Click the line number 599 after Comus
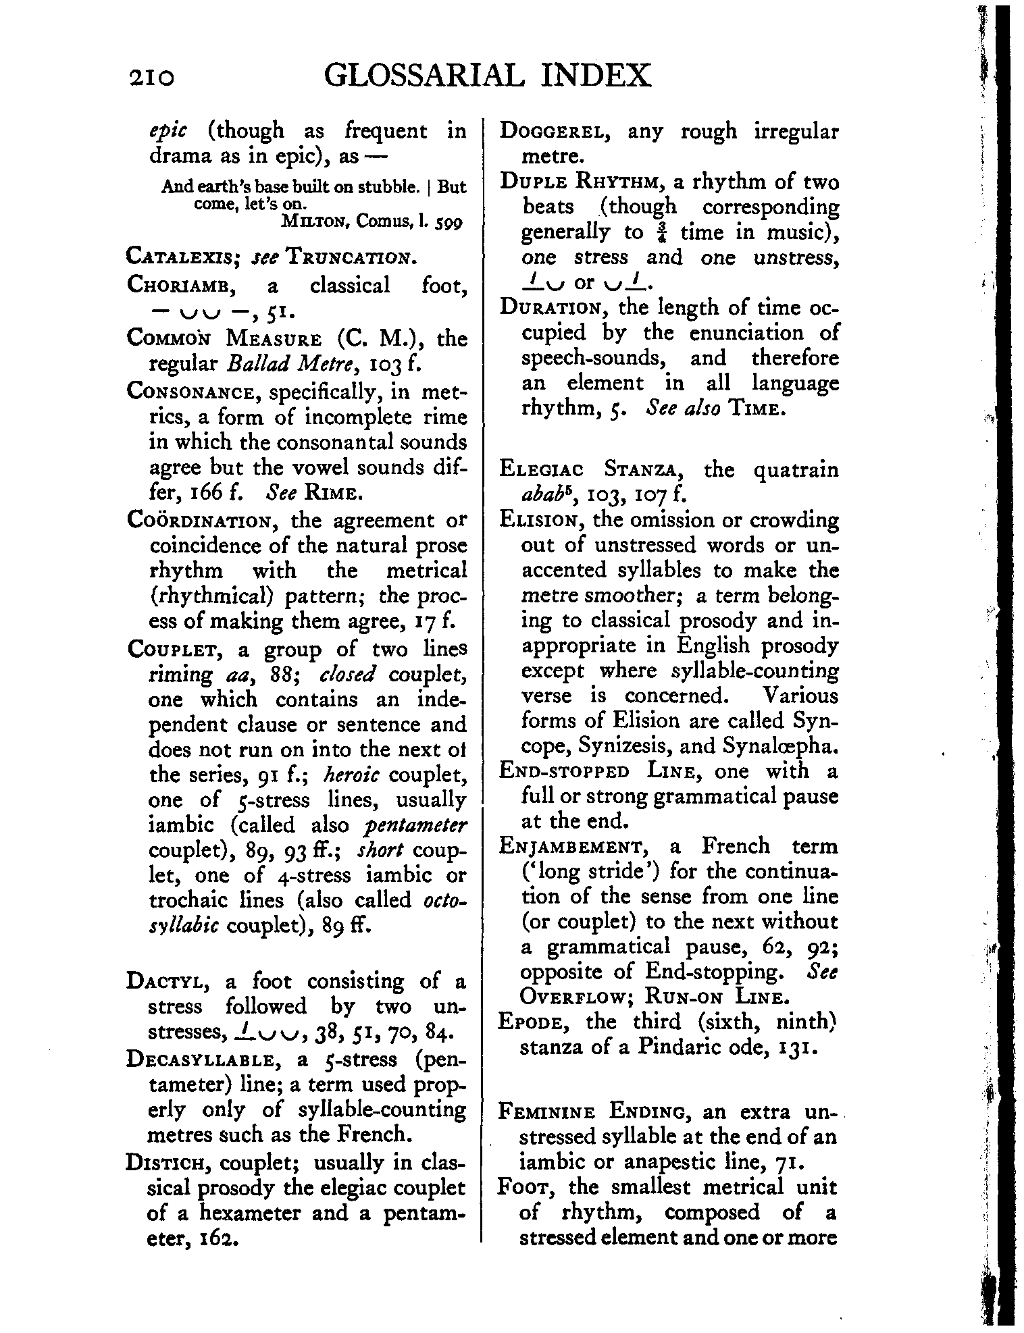click(x=449, y=221)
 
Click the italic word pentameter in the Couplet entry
click(x=415, y=825)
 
